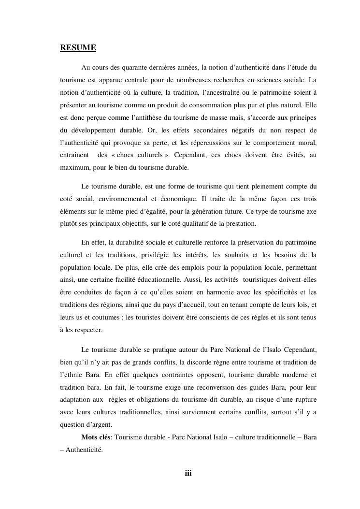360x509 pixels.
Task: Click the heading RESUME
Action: tap(78, 48)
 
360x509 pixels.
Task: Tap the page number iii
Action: tap(188, 473)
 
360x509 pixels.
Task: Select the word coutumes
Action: tap(106, 318)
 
